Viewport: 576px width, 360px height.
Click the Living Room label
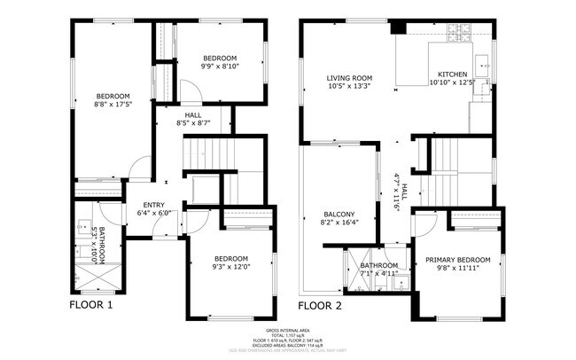348,82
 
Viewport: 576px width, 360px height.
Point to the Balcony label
338,218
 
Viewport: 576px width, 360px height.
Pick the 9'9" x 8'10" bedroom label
220,61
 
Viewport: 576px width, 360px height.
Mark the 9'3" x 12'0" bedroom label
230,262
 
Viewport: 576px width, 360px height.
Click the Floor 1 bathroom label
99,246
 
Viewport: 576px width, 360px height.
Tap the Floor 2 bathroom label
378,269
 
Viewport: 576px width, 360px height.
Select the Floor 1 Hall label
193,120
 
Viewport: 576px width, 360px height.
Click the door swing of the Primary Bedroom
422,225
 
